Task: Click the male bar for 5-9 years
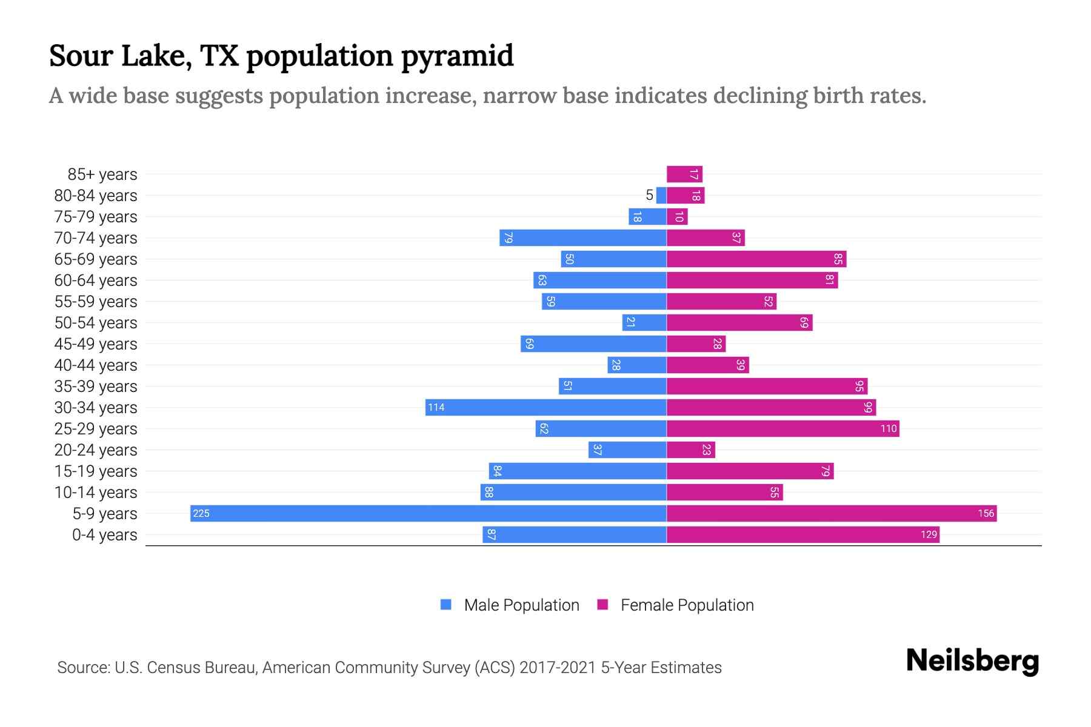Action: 428,513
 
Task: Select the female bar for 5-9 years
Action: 832,513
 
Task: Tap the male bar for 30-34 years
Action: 545,407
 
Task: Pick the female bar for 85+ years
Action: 684,174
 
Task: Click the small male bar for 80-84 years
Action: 661,195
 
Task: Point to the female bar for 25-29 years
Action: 782,428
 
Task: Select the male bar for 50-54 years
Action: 644,322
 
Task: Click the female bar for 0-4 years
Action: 803,534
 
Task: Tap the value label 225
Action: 201,514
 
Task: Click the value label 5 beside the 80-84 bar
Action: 650,195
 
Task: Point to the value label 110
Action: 889,429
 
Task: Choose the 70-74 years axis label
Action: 96,238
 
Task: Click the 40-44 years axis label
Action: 96,365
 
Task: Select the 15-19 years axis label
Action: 96,471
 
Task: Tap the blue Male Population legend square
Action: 446,605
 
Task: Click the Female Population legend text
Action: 687,605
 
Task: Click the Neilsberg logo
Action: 972,661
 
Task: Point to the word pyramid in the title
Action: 458,56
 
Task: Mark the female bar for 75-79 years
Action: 677,216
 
